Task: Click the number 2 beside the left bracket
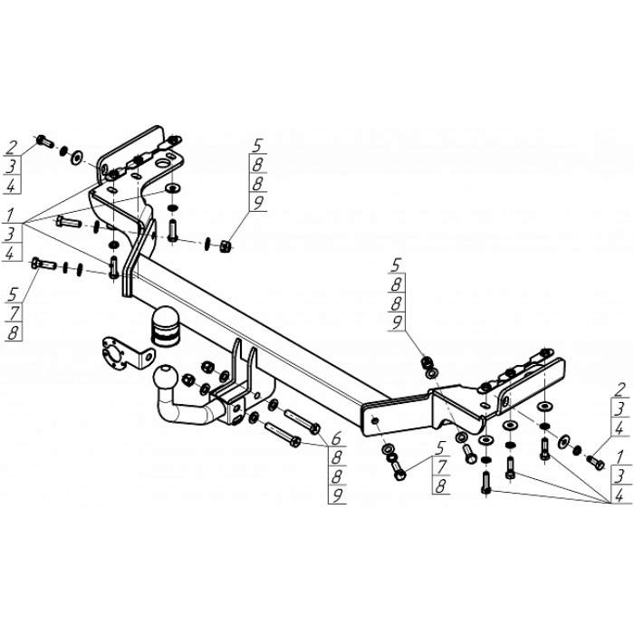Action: pos(12,147)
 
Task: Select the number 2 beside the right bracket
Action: pos(620,391)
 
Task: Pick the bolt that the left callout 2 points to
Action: pos(44,140)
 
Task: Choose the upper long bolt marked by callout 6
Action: pos(302,421)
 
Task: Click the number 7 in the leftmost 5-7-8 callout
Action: pos(13,313)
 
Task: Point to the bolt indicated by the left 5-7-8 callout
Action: pos(42,264)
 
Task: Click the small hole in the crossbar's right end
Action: pos(373,419)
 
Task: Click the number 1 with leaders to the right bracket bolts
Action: pos(620,453)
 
